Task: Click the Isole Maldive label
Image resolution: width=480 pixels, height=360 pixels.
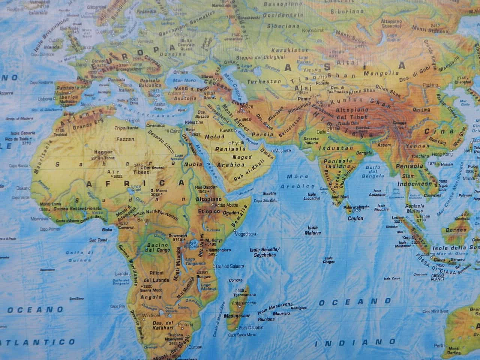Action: pos(314,230)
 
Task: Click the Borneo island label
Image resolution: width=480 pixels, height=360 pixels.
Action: pos(456,230)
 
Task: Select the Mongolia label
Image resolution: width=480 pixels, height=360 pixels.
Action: pos(386,73)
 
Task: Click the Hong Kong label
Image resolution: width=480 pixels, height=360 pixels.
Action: pos(442,154)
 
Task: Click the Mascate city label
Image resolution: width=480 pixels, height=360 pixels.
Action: pos(283,150)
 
